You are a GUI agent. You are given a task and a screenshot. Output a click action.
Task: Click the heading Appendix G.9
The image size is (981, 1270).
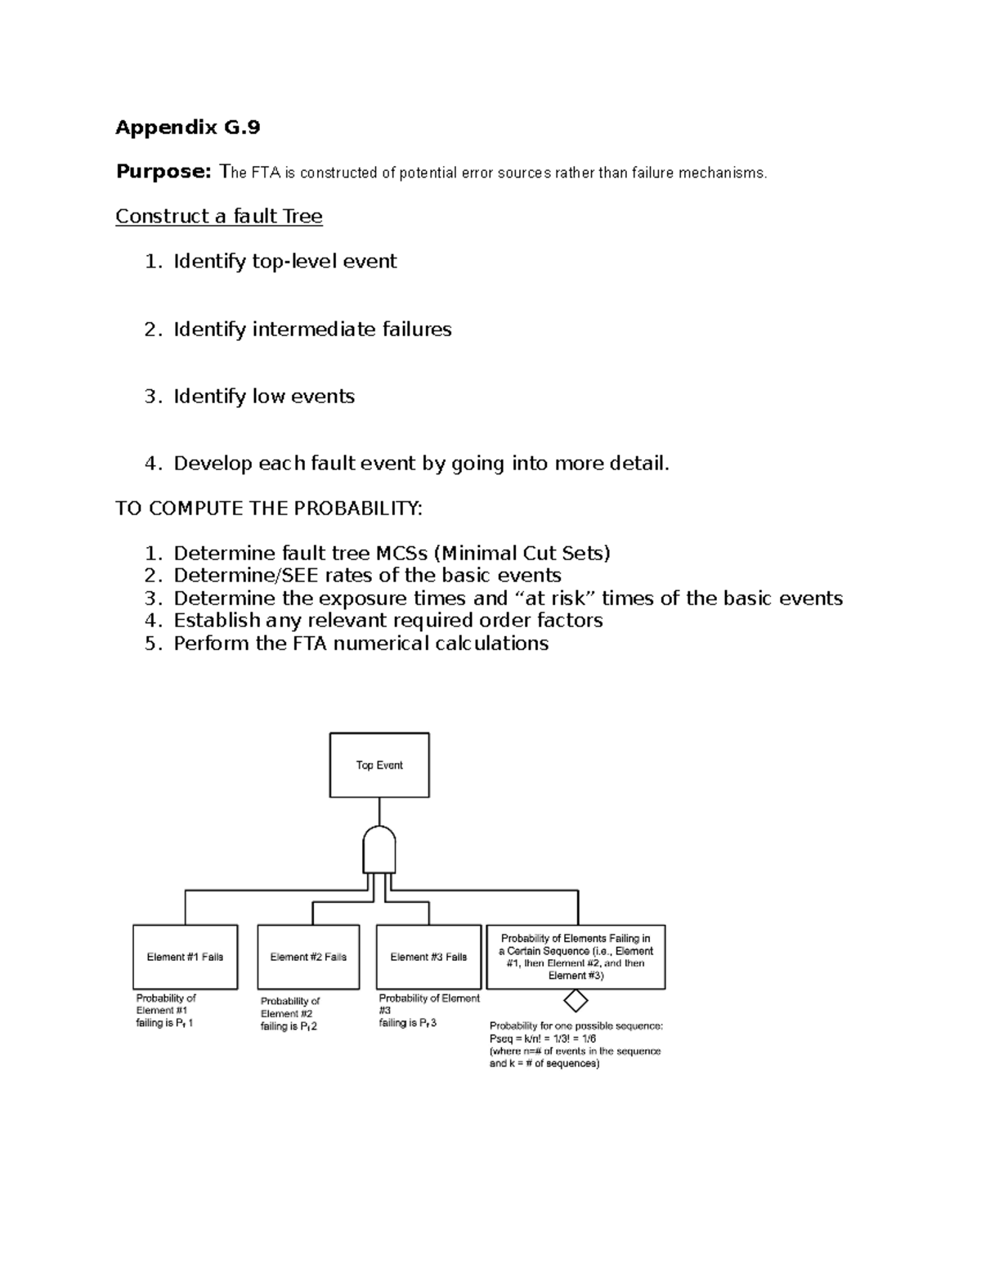point(187,128)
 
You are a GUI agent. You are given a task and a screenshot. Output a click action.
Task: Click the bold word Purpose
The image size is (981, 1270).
point(163,172)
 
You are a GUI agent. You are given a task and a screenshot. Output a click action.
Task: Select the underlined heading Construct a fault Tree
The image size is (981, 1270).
point(218,217)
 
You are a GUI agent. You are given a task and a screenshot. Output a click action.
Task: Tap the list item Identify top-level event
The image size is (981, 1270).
point(284,262)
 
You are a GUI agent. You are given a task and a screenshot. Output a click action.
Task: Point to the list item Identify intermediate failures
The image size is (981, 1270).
point(311,330)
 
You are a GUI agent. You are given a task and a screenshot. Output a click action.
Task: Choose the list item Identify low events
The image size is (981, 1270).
point(263,397)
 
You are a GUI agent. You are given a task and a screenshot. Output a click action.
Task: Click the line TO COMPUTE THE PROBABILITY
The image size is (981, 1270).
point(269,509)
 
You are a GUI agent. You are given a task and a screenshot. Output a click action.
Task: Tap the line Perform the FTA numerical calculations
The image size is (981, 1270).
point(361,644)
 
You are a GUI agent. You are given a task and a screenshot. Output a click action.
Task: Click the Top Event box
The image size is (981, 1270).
point(379,765)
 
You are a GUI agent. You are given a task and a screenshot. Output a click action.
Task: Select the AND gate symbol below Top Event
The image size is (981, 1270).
point(379,850)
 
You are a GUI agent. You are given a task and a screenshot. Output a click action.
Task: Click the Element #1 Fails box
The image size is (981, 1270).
point(185,957)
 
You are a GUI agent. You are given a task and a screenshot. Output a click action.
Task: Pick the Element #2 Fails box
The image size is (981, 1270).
point(308,957)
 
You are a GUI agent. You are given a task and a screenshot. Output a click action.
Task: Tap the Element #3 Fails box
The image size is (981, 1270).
point(428,957)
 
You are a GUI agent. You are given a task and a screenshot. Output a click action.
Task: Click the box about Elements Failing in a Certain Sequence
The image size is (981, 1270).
point(576,957)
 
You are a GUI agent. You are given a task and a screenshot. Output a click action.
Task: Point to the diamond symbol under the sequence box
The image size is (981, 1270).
point(576,1000)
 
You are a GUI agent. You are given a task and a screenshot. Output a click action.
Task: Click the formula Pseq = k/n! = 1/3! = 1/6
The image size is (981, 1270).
point(542,1039)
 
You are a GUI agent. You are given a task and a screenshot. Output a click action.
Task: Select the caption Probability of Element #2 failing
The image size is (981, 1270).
point(289,1014)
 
